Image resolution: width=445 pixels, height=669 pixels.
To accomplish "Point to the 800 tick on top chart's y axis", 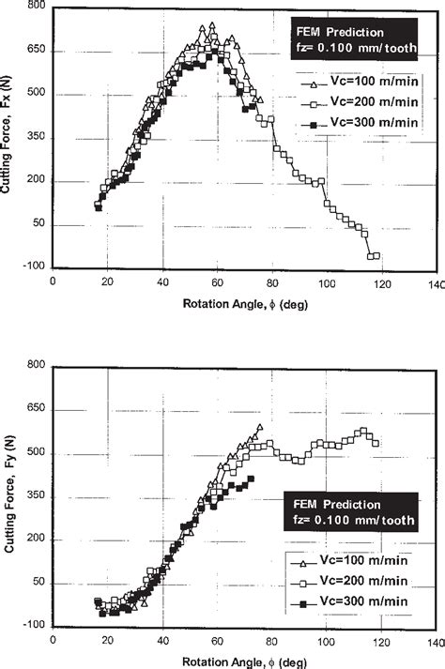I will [x=36, y=7].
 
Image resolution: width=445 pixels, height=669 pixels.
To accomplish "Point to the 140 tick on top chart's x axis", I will [x=434, y=281].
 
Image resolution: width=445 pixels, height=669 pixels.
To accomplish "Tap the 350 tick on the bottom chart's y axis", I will [x=36, y=496].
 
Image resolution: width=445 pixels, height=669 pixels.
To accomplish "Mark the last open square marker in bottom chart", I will [x=376, y=443].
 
